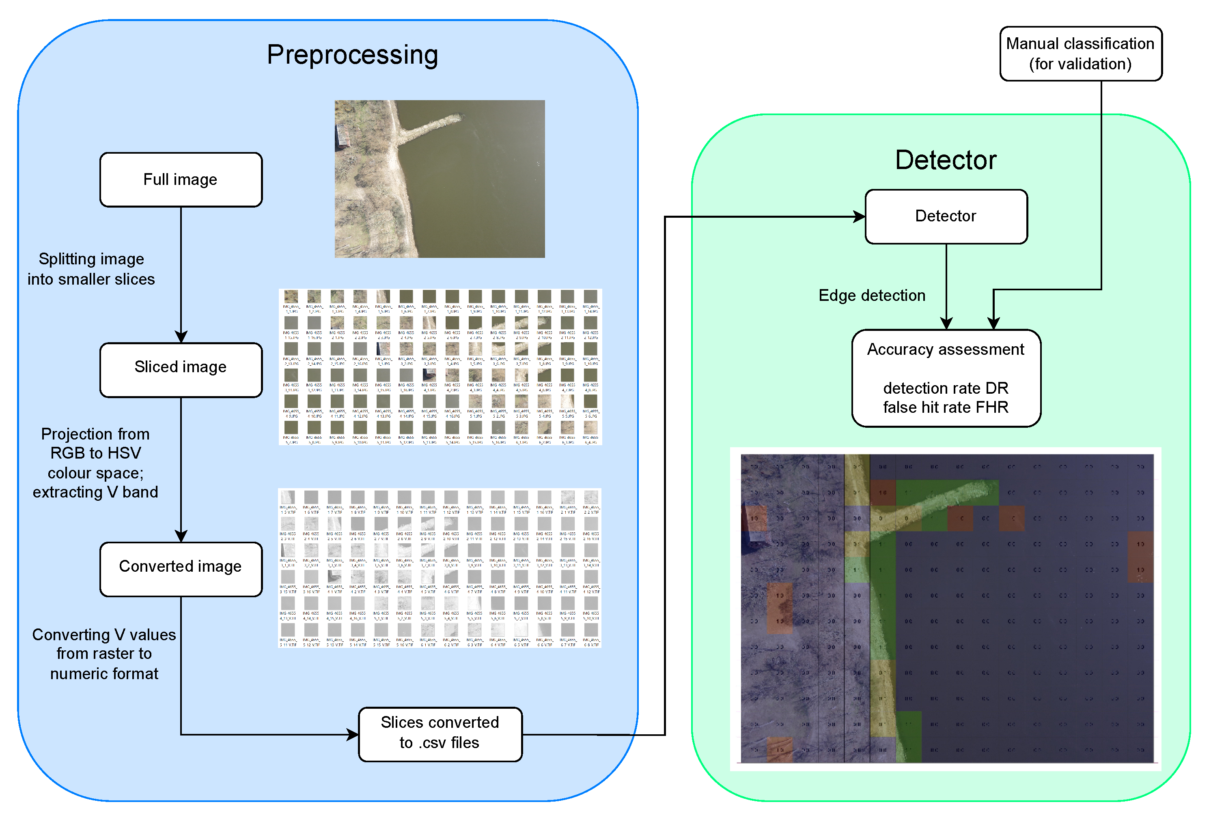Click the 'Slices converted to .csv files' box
[x=440, y=734]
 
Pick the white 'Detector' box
[x=946, y=217]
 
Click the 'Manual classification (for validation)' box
[x=1080, y=54]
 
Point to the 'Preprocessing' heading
[x=352, y=55]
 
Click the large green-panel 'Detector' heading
[x=945, y=160]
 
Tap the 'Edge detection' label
[x=871, y=295]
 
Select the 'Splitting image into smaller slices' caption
[x=91, y=269]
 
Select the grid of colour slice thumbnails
[x=440, y=367]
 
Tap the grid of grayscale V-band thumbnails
[x=440, y=568]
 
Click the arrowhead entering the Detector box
[x=859, y=217]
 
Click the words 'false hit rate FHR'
[x=945, y=407]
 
